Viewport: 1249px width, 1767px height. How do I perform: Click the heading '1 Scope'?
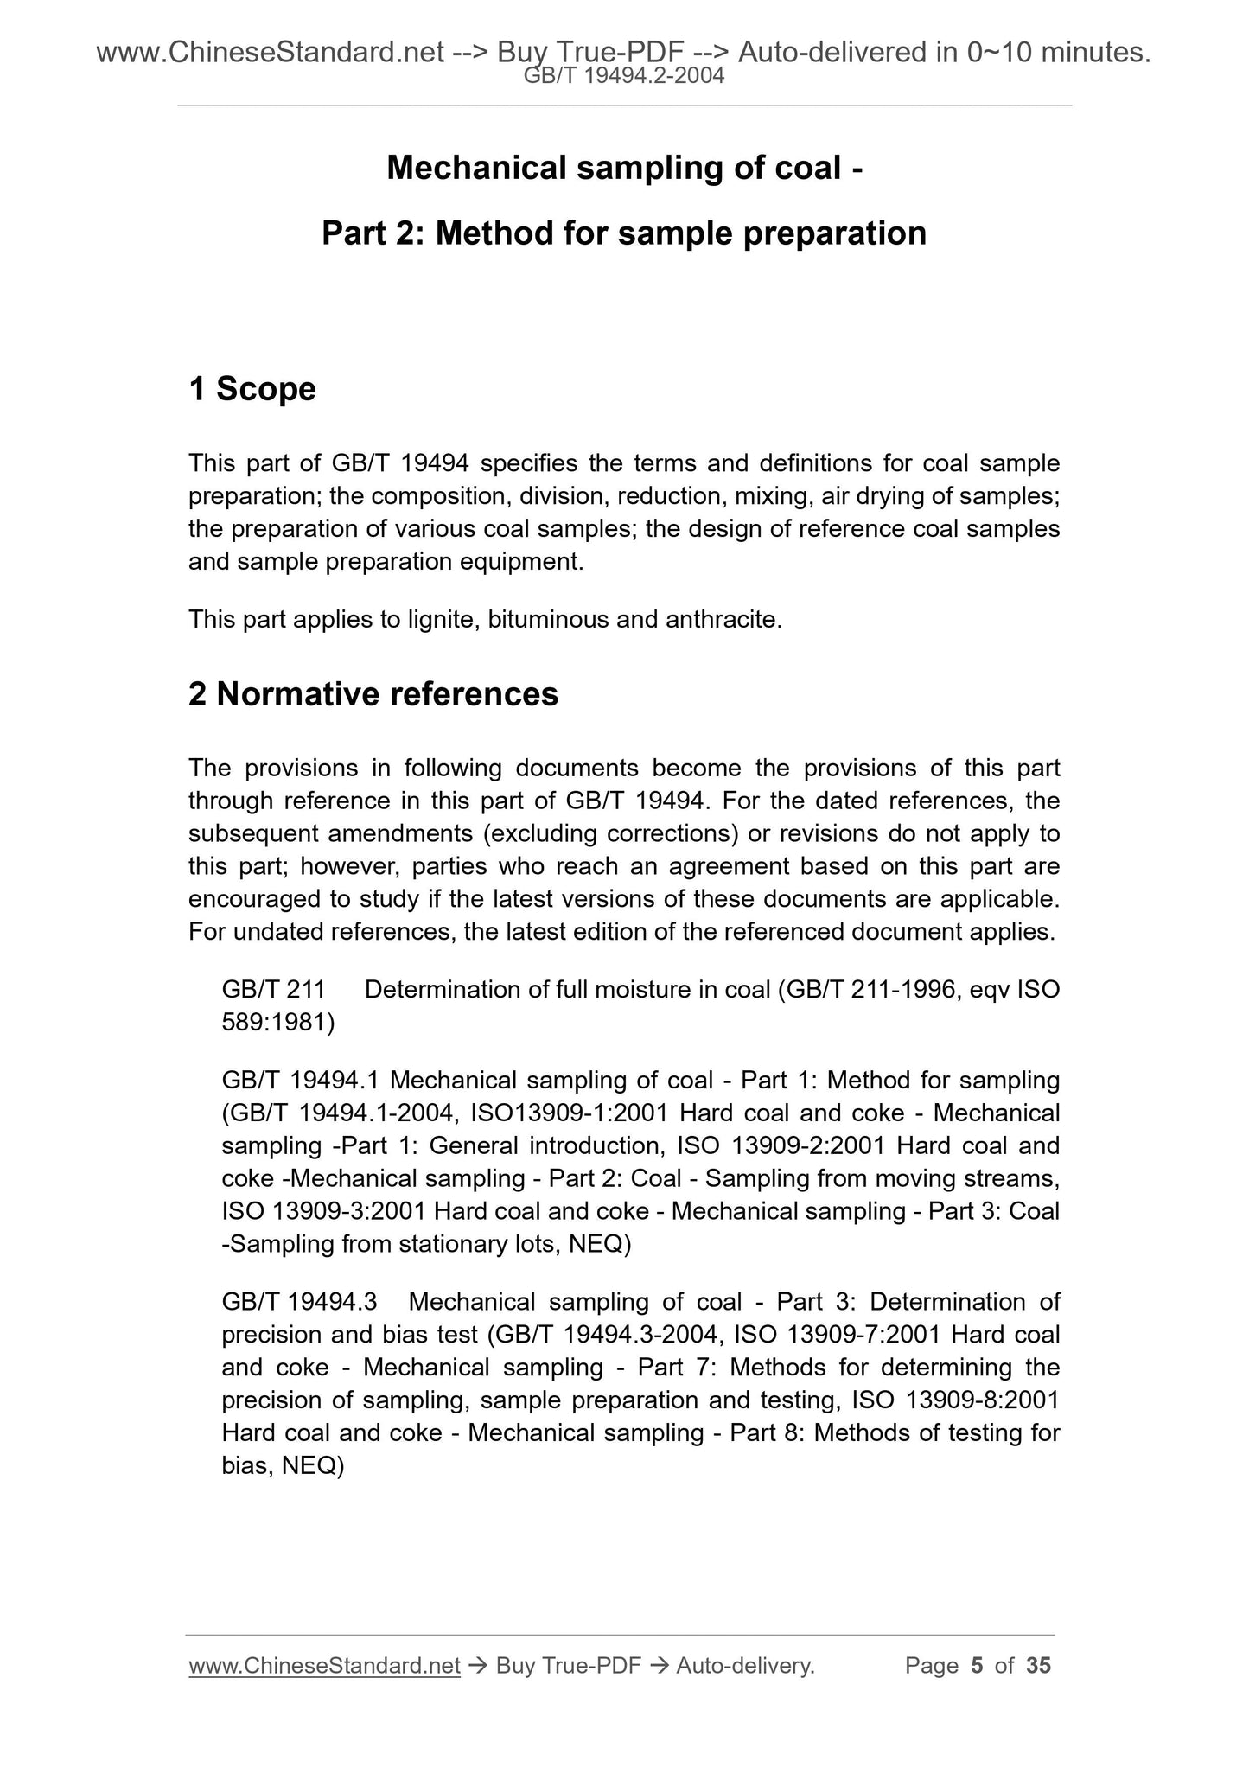(x=252, y=390)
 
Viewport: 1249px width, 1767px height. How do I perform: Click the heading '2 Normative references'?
(x=373, y=694)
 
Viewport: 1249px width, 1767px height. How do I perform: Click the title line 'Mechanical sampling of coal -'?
(x=624, y=168)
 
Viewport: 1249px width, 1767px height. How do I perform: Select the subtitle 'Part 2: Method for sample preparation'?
(x=624, y=233)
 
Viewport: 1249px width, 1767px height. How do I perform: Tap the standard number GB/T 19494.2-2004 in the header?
(x=624, y=77)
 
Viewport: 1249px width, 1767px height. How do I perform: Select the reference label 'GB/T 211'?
(x=273, y=990)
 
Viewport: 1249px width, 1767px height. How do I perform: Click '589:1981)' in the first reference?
(x=278, y=1023)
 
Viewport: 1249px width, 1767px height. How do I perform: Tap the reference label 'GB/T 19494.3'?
(x=299, y=1302)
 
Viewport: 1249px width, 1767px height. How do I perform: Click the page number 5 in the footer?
(x=977, y=1665)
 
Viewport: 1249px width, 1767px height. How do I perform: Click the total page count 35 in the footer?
(x=1038, y=1665)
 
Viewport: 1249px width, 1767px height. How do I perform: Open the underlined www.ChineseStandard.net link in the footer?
(x=324, y=1665)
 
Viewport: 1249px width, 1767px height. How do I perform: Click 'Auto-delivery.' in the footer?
(x=745, y=1665)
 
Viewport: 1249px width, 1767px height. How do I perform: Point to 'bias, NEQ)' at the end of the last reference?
(x=283, y=1466)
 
